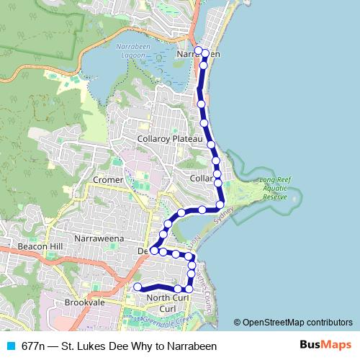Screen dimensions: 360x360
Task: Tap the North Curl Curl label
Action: pyautogui.click(x=167, y=303)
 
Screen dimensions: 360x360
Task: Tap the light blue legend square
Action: pyautogui.click(x=11, y=346)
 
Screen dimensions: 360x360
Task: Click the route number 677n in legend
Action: pyautogui.click(x=35, y=346)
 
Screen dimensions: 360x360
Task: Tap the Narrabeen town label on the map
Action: pyautogui.click(x=197, y=53)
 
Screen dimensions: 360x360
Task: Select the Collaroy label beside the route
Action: pyautogui.click(x=200, y=177)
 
